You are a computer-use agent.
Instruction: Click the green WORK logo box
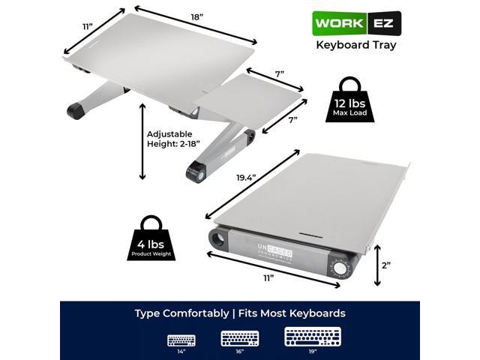337,22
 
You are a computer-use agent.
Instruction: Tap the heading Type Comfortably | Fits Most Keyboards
240,313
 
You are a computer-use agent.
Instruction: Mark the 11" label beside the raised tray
88,28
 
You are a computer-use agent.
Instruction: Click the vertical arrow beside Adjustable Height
142,142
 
